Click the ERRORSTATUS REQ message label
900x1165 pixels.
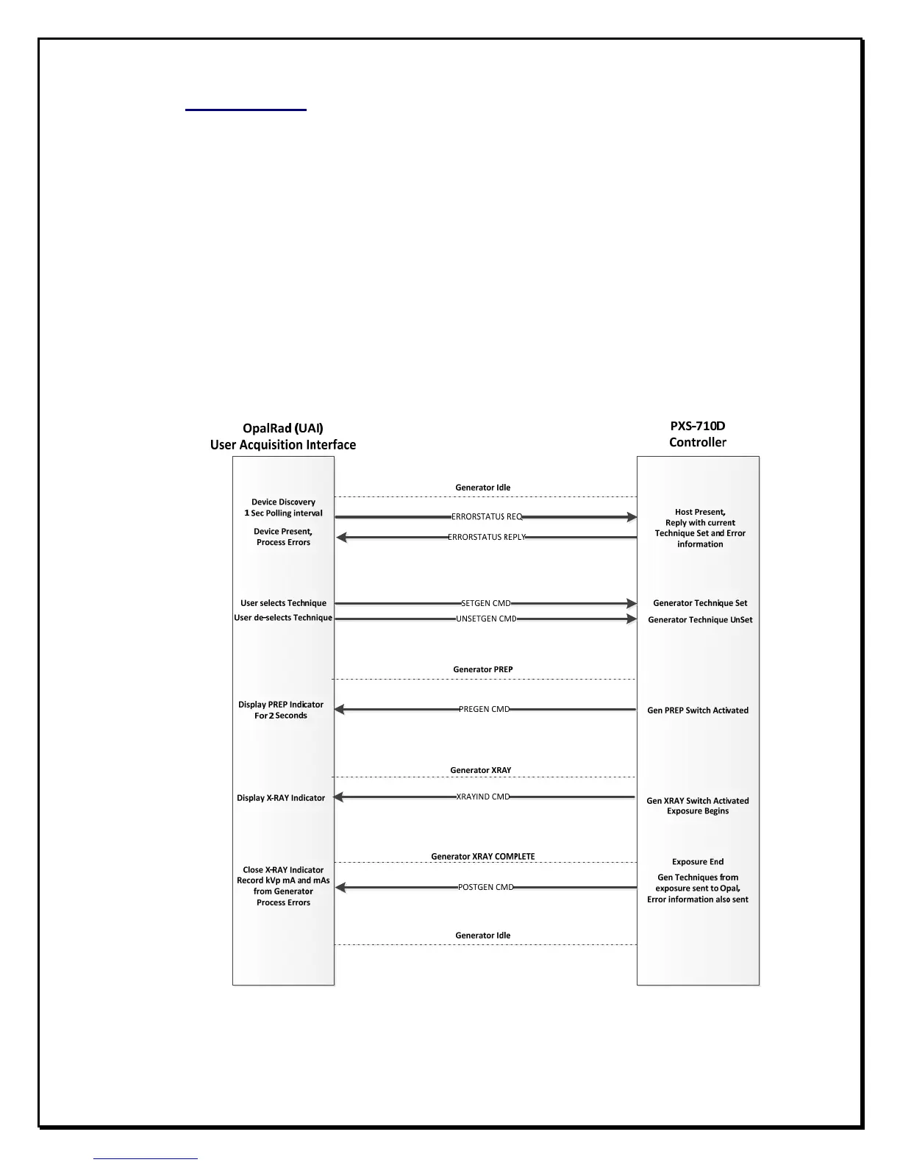tap(487, 517)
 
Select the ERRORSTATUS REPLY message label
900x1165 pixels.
tap(487, 538)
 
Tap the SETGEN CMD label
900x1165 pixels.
tap(485, 604)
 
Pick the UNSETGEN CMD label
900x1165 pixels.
tap(486, 619)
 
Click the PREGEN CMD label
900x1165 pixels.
tap(484, 710)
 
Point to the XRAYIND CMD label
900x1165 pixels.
tap(483, 797)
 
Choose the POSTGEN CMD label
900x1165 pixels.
tap(485, 888)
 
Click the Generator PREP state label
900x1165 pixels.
tap(483, 670)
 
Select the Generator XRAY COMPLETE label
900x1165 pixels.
tap(483, 857)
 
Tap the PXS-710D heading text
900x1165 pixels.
tap(698, 426)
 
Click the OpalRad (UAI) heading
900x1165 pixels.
tap(283, 428)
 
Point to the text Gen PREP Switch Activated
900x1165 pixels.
tap(698, 710)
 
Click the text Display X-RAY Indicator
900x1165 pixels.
tap(281, 798)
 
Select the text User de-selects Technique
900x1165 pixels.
tap(283, 618)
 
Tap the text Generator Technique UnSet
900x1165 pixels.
tap(700, 620)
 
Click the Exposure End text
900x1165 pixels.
tap(698, 862)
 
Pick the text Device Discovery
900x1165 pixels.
tap(283, 502)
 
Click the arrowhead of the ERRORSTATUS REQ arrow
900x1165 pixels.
tap(632, 517)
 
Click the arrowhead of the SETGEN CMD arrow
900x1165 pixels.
tap(632, 604)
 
